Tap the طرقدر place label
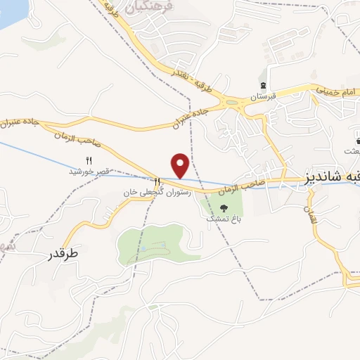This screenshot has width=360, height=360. [62, 253]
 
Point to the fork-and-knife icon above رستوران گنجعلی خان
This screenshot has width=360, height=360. [157, 181]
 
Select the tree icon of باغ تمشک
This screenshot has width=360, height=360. [224, 207]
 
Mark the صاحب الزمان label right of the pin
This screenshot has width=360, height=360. [240, 186]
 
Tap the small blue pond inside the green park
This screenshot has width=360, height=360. [143, 249]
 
